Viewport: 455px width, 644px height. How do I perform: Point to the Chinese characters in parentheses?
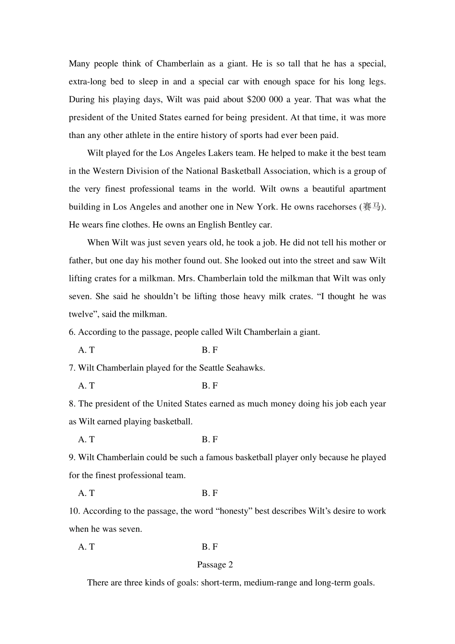372,207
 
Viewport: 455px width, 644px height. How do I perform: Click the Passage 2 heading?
215,565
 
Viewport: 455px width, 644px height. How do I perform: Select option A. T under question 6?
86,350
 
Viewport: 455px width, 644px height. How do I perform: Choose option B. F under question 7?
210,386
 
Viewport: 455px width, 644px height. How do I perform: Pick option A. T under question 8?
86,439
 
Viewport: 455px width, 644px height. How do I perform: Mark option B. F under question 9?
210,493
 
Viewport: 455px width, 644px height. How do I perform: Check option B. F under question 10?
210,547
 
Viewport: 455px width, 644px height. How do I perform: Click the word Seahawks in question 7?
247,368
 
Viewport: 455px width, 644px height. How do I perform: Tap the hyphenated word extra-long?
88,82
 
